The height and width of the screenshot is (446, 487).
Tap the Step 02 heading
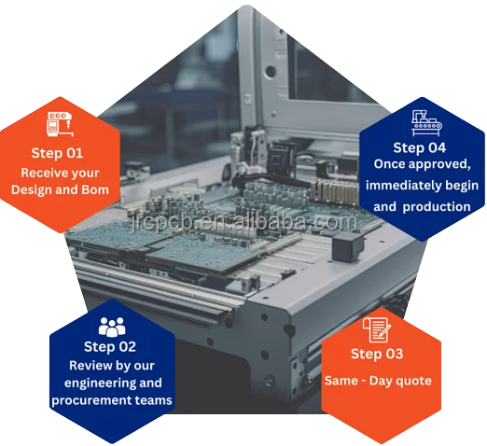pyautogui.click(x=110, y=346)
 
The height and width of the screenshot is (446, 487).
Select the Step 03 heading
pyautogui.click(x=377, y=354)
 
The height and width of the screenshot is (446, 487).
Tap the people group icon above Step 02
pyautogui.click(x=111, y=326)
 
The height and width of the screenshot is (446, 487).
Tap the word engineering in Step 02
pyautogui.click(x=90, y=383)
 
